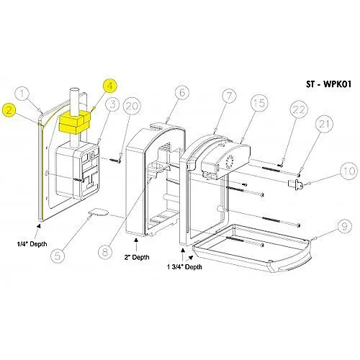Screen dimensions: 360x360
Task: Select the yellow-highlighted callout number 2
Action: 9,110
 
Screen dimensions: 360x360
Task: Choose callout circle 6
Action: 180,93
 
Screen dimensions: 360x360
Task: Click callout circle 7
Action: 229,96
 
